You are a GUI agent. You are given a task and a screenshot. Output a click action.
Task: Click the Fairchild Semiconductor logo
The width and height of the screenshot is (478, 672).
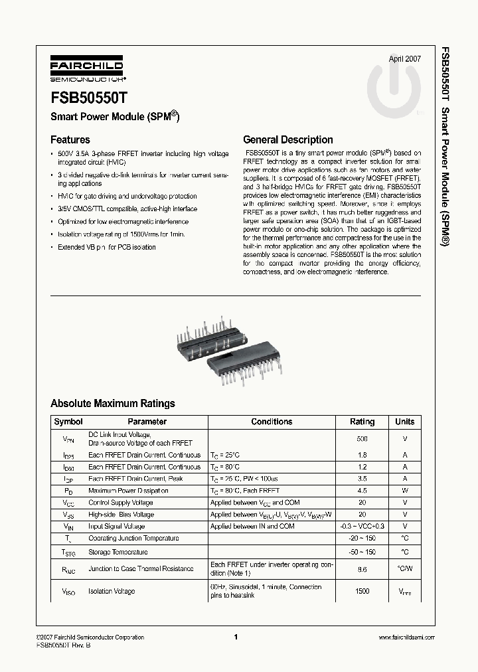coord(84,70)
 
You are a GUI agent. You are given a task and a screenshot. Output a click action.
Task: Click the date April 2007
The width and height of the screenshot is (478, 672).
coord(404,58)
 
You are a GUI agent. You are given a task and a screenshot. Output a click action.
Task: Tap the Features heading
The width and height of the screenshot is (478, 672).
coord(70,139)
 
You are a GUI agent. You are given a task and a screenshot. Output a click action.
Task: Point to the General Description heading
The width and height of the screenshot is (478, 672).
coord(288,139)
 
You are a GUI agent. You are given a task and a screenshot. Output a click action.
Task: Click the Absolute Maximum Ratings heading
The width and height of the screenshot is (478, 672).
coord(113,403)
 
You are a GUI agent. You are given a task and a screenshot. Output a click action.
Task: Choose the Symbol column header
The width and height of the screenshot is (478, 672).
coord(68,422)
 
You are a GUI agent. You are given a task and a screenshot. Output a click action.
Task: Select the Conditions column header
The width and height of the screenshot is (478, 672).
coord(272,422)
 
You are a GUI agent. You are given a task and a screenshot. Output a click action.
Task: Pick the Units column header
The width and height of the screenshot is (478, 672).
coord(404,422)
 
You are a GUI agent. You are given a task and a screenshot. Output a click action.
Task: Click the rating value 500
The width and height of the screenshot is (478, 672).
coord(362,439)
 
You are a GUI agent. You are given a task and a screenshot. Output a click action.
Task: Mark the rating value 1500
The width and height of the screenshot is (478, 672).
coord(362,591)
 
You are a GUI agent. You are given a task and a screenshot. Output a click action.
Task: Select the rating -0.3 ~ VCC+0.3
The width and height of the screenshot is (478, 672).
coord(362,527)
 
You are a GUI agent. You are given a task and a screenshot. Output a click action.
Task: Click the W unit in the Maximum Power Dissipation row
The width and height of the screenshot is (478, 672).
coord(404,491)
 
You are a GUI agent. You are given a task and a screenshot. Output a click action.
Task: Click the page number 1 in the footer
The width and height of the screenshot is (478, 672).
coord(236,637)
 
